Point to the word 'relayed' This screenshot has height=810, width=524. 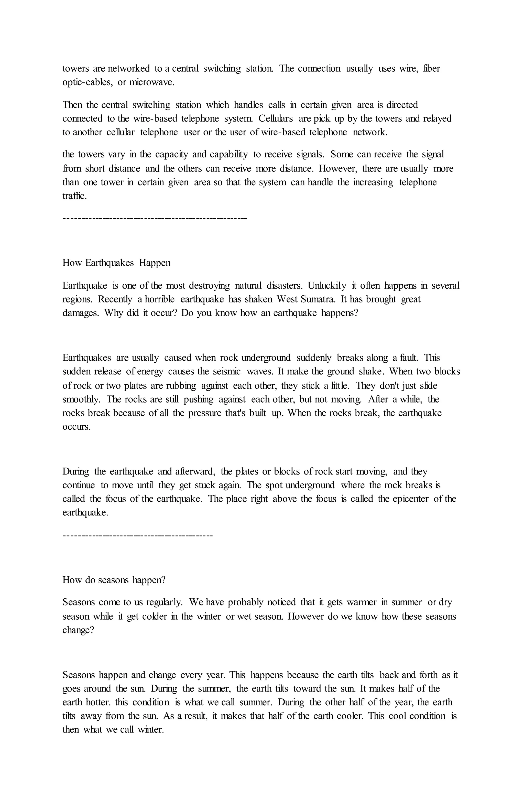[437, 118]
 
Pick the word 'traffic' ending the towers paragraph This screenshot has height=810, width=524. [74, 196]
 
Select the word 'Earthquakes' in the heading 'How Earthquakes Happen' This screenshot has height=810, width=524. [109, 263]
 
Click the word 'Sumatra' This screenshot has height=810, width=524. [311, 299]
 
